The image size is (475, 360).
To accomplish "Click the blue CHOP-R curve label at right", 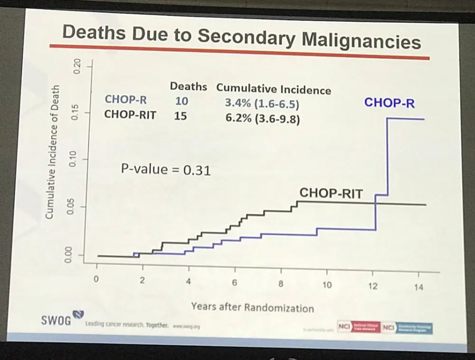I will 389,103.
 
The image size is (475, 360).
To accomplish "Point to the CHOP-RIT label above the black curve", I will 331,193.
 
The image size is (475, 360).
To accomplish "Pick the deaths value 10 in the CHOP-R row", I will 181,101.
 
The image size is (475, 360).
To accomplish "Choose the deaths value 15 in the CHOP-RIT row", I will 180,115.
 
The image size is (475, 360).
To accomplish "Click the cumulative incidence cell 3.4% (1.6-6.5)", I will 262,103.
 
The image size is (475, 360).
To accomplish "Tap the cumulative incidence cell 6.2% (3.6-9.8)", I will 263,119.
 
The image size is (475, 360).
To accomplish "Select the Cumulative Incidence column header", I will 274,89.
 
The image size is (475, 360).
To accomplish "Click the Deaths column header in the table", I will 188,87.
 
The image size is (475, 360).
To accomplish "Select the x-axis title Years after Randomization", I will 252,307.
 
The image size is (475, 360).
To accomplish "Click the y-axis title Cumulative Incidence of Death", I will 52,152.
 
